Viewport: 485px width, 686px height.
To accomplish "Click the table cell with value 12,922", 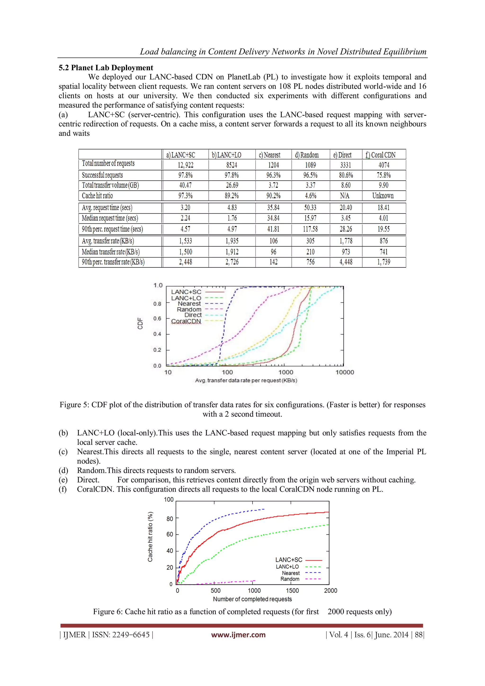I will click(185, 165).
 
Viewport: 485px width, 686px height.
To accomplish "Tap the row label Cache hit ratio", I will click(97, 196).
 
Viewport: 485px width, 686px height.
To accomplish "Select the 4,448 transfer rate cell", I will click(346, 262).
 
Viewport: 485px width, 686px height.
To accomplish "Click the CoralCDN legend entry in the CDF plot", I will click(186, 321).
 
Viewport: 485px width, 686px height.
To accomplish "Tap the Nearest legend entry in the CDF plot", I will click(189, 304).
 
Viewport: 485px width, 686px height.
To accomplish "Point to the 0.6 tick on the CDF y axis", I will click(157, 319).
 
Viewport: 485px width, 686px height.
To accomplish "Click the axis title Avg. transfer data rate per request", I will click(246, 380).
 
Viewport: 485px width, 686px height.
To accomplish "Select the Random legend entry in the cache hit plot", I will click(290, 579).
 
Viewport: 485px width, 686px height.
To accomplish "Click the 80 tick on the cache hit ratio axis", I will click(170, 519).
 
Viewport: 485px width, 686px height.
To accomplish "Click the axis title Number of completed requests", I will click(252, 599).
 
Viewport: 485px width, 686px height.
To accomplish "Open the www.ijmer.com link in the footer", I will click(238, 635).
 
